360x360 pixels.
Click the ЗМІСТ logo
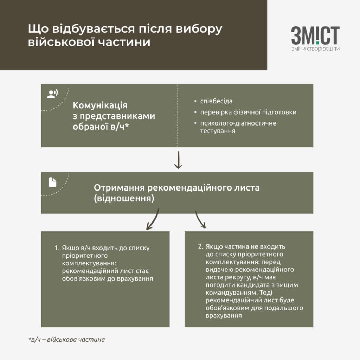(x=315, y=36)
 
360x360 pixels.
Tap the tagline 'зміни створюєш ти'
(x=315, y=49)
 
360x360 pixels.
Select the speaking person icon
(x=52, y=94)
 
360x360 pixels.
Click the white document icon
(x=52, y=182)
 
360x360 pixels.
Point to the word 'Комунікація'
(x=100, y=105)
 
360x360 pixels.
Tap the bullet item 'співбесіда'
(x=216, y=101)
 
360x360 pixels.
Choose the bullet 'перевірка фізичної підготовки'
(x=248, y=112)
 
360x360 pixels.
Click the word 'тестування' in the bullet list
(x=218, y=131)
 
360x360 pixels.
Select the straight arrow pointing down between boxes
(x=178, y=160)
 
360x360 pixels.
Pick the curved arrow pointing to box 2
(x=200, y=220)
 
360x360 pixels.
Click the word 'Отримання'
(x=119, y=188)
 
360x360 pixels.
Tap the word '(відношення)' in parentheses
(x=124, y=198)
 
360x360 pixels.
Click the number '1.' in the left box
(x=57, y=248)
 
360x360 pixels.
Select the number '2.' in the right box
(x=201, y=246)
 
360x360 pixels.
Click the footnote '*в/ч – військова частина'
(x=66, y=339)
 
